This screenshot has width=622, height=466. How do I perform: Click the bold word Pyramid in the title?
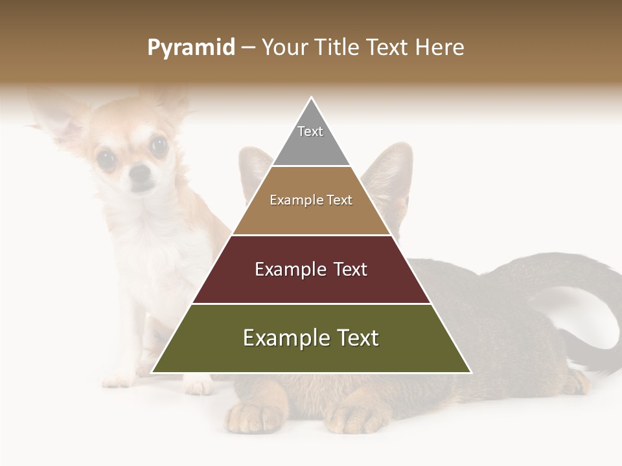point(190,48)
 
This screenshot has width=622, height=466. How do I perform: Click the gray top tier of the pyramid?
point(311,146)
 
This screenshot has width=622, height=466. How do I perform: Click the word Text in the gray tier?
point(310,131)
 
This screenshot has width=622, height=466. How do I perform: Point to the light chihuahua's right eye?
point(158,146)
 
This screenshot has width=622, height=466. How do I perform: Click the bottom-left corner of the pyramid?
point(154,372)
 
